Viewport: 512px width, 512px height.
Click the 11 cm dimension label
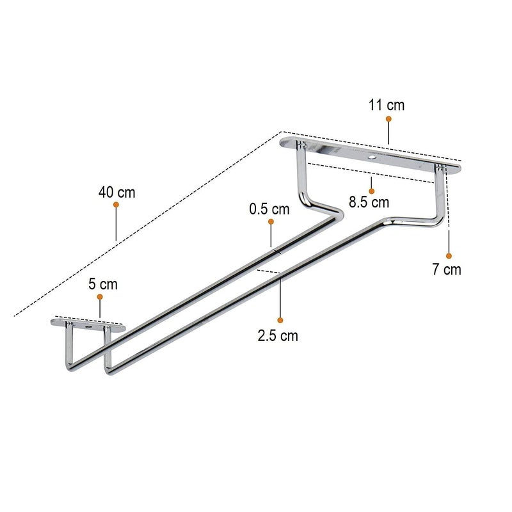tap(387, 105)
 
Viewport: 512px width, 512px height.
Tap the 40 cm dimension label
tap(117, 193)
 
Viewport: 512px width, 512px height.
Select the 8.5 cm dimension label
tap(369, 202)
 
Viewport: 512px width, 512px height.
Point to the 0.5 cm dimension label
tap(269, 209)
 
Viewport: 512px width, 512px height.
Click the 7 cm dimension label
tap(447, 269)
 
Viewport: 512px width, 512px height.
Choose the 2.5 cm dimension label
tap(278, 335)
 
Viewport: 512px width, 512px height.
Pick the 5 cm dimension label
tap(103, 284)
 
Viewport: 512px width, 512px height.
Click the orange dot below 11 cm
tap(388, 119)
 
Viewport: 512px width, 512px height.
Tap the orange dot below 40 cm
tap(116, 205)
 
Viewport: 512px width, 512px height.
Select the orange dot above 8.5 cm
tap(371, 191)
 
